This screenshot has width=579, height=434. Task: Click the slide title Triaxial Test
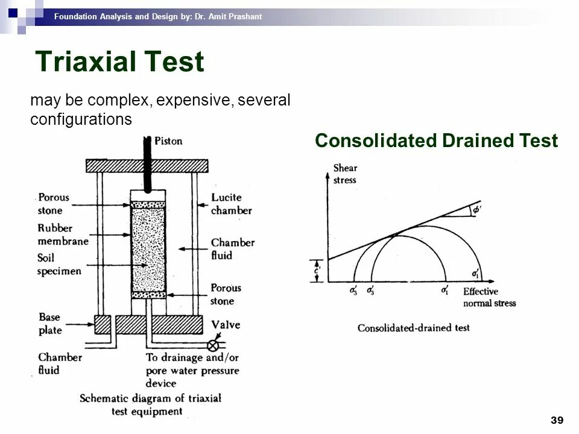(120, 63)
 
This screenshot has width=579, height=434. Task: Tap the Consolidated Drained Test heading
(436, 141)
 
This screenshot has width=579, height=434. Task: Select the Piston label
(169, 141)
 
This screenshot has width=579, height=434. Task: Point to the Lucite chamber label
(232, 204)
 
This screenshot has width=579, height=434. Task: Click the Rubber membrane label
(62, 234)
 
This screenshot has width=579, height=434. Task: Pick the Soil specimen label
(59, 265)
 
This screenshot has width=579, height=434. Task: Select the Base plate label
(51, 323)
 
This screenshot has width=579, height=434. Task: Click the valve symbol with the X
(212, 346)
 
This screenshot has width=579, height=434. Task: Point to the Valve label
(226, 325)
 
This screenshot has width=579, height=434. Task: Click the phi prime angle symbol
(476, 210)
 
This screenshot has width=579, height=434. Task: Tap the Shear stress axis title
(345, 174)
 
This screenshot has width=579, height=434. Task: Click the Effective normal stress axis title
(489, 297)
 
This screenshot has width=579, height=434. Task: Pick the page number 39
(557, 420)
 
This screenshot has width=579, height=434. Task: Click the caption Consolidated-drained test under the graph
(413, 328)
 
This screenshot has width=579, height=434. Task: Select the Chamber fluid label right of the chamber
(232, 248)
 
